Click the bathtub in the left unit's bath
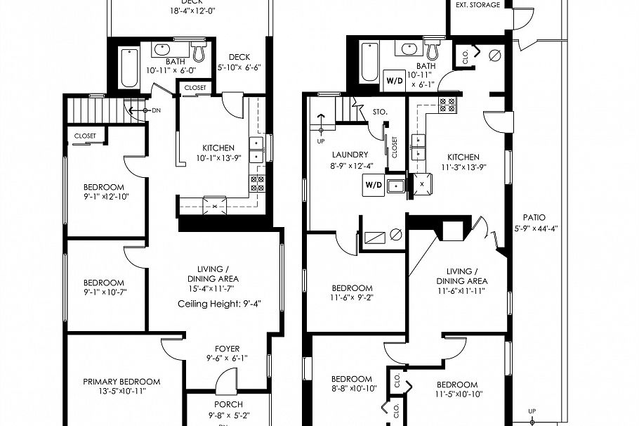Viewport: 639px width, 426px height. [x=129, y=67]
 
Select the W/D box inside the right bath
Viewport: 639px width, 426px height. [x=394, y=80]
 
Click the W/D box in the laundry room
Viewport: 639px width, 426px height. [x=373, y=185]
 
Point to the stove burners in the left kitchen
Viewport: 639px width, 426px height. [x=257, y=184]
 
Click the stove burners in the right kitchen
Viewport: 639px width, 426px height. [x=447, y=105]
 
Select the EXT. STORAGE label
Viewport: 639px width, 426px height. [x=477, y=5]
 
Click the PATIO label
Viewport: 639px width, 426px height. [x=534, y=218]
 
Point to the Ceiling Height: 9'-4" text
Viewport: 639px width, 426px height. [x=219, y=304]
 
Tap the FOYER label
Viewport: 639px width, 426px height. [x=227, y=349]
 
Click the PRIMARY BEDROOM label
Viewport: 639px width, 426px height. [x=121, y=382]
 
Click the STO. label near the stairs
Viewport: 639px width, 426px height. [x=380, y=111]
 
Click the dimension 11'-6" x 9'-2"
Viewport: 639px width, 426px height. [x=352, y=298]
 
